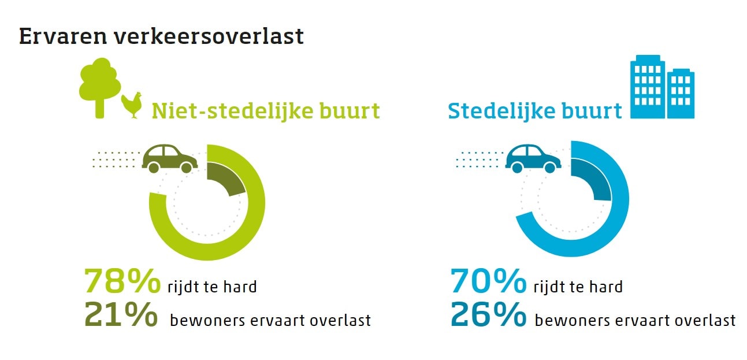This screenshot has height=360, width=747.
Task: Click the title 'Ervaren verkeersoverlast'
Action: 161,36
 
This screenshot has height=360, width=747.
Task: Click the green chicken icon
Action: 132,105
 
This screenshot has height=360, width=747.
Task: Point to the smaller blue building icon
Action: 681,94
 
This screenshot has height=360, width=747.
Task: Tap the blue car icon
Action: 533,158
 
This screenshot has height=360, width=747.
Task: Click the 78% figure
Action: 122,281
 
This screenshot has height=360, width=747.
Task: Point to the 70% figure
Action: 488,281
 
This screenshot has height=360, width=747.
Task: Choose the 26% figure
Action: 488,314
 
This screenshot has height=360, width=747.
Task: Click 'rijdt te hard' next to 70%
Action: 578,286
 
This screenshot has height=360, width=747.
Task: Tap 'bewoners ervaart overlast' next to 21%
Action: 270,320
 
